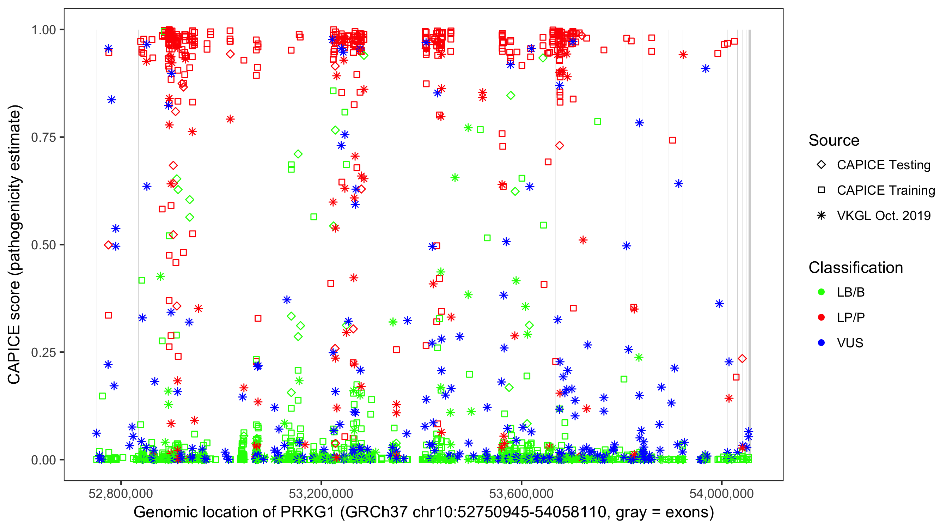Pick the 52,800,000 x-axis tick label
pyautogui.click(x=121, y=493)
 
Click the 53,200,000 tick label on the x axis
pyautogui.click(x=321, y=493)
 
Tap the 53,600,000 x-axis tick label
pyautogui.click(x=521, y=493)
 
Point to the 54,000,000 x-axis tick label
pyautogui.click(x=721, y=493)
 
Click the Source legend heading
pyautogui.click(x=834, y=140)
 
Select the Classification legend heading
pyautogui.click(x=855, y=268)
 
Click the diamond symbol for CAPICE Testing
pyautogui.click(x=821, y=165)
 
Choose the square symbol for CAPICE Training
pyautogui.click(x=821, y=190)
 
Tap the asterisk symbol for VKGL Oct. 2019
pyautogui.click(x=821, y=215)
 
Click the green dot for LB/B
pyautogui.click(x=821, y=292)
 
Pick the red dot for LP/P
pyautogui.click(x=821, y=317)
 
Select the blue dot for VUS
pyautogui.click(x=821, y=343)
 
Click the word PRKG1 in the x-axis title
pyautogui.click(x=307, y=512)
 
